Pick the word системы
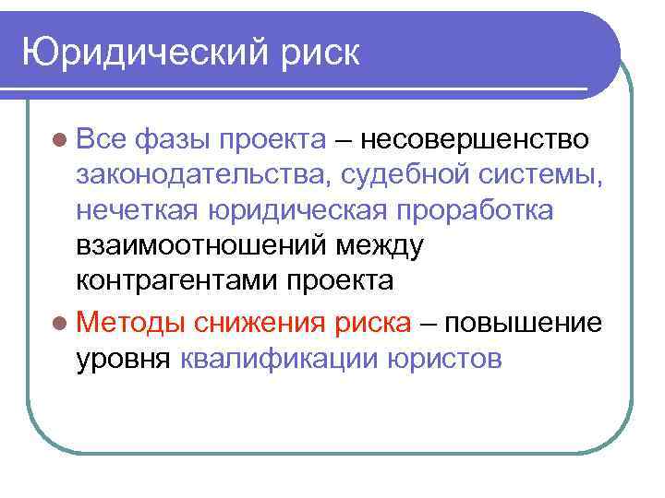(x=546, y=175)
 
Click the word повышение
(x=524, y=323)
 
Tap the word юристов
(x=444, y=358)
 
